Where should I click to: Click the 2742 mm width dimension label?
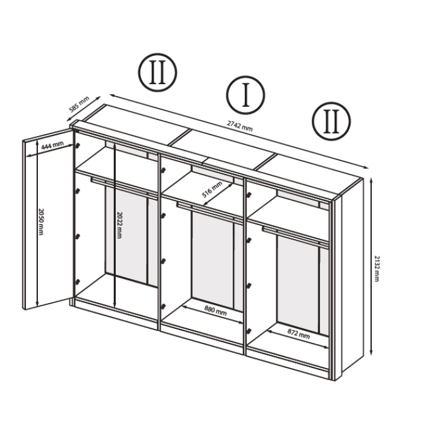point(240,126)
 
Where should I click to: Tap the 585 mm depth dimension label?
point(79,104)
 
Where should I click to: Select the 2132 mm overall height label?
point(376,268)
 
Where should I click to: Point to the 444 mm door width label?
point(52,145)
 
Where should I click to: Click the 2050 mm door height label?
point(41,222)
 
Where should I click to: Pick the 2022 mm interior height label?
point(119,225)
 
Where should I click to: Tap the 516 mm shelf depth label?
point(212,189)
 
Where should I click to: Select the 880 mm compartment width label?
point(216,311)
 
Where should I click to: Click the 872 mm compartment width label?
point(299,334)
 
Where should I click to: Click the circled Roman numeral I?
point(245,95)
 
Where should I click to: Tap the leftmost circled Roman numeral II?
point(157,72)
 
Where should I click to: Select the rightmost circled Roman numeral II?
point(331,121)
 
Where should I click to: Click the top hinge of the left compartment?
point(78,146)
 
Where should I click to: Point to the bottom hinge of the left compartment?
point(78,282)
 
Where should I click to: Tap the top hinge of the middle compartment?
point(163,170)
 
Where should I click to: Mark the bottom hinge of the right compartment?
point(249,331)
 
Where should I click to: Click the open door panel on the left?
point(47,219)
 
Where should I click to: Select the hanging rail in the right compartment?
point(295,236)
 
